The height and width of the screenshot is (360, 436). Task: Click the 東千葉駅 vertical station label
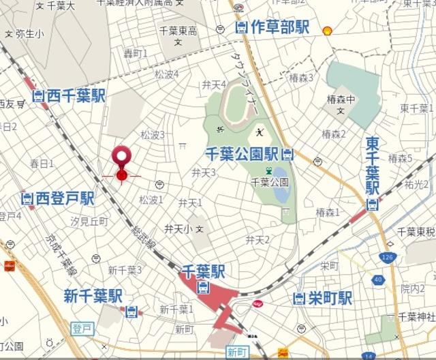pyautogui.click(x=373, y=164)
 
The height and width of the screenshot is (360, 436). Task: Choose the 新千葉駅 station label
pyautogui.click(x=93, y=296)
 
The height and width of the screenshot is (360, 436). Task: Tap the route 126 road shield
pyautogui.click(x=388, y=257)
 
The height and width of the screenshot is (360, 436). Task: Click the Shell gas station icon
pyautogui.click(x=327, y=30)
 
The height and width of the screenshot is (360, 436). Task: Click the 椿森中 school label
pyautogui.click(x=337, y=100)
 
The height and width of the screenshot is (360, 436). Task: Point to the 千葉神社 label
pyautogui.click(x=416, y=317)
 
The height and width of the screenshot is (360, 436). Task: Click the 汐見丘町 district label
pyautogui.click(x=89, y=222)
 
